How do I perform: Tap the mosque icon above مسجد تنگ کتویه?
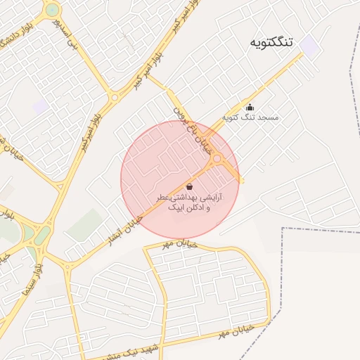coord(250,108)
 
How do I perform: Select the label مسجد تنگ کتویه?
coord(250,117)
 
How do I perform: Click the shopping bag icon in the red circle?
coord(190,186)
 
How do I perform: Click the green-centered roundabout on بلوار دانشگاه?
coord(51,11)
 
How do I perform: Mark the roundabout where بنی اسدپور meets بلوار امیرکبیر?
coord(114,97)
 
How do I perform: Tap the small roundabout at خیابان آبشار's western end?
coord(67,266)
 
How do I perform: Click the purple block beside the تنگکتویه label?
coord(309,46)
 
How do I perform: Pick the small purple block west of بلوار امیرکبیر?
coord(40,106)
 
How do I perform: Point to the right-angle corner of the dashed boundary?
coord(282,229)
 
